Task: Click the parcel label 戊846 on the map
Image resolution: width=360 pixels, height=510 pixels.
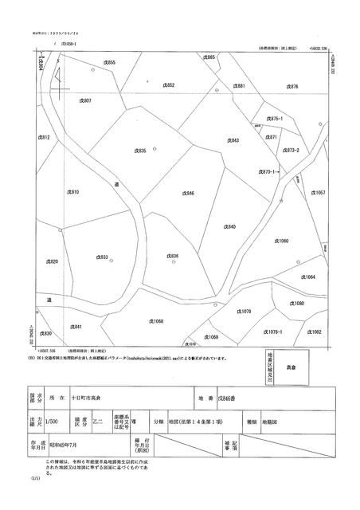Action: (189, 194)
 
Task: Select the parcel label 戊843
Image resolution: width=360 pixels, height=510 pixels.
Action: (233, 140)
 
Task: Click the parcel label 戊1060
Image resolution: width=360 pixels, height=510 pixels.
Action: (281, 240)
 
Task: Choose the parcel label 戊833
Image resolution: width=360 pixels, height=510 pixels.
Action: (103, 257)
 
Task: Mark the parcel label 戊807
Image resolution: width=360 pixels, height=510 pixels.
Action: (85, 101)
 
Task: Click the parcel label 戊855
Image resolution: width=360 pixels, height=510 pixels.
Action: (110, 62)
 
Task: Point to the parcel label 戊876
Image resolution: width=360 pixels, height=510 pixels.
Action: (292, 86)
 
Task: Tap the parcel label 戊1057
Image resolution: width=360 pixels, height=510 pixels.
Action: (317, 194)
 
